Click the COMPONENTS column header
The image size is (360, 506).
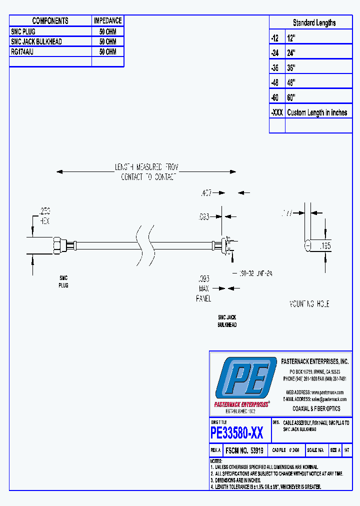coord(50,20)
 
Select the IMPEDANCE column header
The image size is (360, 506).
coord(107,20)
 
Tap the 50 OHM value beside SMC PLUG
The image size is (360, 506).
coord(107,31)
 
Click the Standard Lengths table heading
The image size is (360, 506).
coord(314,22)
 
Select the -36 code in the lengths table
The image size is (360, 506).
coord(276,67)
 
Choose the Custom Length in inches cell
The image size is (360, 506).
coord(317,112)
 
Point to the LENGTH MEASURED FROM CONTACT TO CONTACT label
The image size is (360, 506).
coord(146,172)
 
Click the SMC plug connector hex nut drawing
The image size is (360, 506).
coord(57,244)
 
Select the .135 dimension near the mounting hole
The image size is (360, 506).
coord(325,245)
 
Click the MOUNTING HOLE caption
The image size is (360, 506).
coord(309,304)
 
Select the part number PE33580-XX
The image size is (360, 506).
coord(237,431)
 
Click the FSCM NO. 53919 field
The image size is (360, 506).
coord(245,450)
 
